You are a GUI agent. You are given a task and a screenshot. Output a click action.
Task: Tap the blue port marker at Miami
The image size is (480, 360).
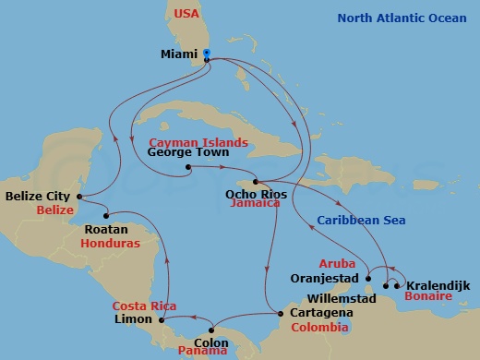[206, 53]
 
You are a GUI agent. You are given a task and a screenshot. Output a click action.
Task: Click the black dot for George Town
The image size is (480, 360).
[187, 168]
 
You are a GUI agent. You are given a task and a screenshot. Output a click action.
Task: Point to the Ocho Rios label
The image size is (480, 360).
[252, 194]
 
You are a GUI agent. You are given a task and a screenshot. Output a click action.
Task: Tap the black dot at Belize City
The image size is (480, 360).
[80, 197]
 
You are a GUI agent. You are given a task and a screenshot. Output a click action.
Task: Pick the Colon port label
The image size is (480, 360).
[211, 343]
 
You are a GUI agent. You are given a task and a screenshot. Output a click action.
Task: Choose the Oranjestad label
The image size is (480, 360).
[325, 278]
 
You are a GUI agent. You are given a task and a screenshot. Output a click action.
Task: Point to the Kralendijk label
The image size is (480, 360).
[438, 286]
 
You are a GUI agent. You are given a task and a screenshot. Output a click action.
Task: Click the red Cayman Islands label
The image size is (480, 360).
[198, 142]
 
